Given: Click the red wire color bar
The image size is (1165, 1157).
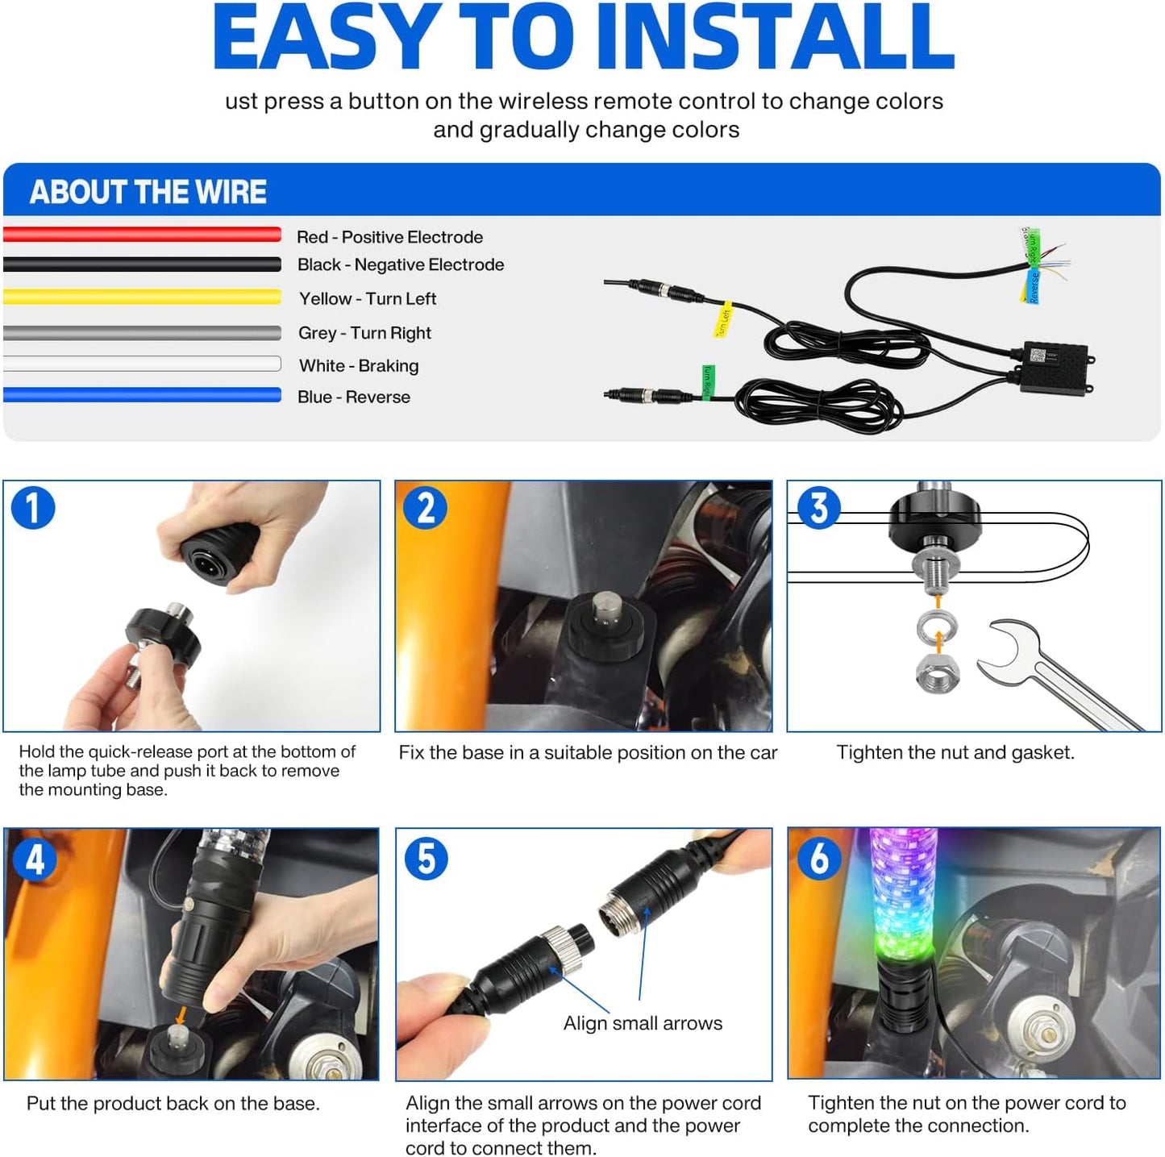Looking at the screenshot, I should [x=142, y=235].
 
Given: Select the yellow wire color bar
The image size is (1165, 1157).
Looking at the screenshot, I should [x=142, y=297].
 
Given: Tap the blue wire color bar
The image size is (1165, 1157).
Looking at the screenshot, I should [x=142, y=395].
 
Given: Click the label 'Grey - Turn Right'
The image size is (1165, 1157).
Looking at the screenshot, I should [x=364, y=333].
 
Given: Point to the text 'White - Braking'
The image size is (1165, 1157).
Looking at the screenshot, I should [x=359, y=366].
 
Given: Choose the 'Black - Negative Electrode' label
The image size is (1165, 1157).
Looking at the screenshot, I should [x=400, y=264].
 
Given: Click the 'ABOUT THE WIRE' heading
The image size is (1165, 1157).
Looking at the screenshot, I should [x=148, y=192].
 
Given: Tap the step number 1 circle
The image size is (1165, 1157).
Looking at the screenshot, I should [x=33, y=508].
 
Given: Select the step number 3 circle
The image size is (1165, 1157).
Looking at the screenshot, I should [x=818, y=508].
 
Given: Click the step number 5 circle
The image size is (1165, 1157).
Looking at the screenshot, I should [x=426, y=858].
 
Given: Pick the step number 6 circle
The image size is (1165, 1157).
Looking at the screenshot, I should [x=818, y=858].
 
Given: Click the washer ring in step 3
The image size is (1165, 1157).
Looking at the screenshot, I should [x=937, y=624].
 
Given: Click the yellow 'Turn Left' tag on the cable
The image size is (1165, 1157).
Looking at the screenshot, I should [x=723, y=321].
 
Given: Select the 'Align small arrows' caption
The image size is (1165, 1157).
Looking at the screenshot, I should [x=643, y=1023].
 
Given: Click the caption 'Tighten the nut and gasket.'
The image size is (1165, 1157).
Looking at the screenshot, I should [x=955, y=752].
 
